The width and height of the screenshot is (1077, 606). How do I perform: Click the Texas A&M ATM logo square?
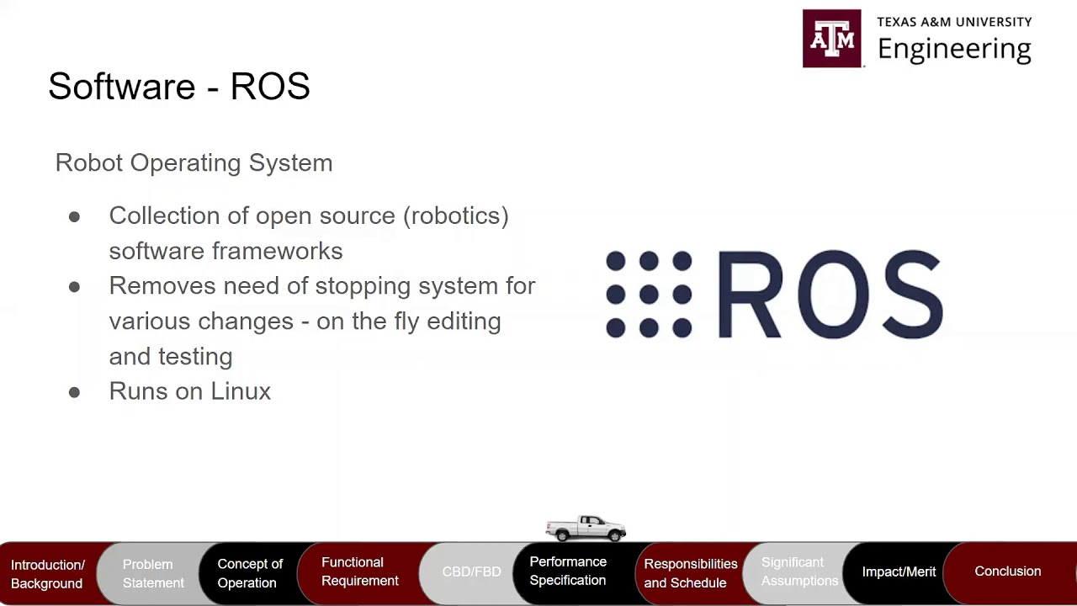click(x=831, y=39)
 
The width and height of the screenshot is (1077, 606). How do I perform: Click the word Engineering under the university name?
click(x=954, y=49)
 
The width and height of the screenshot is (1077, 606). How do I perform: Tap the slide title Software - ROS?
click(x=179, y=87)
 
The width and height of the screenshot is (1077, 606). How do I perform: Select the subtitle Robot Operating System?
click(x=194, y=162)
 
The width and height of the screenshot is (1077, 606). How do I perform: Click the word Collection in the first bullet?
click(x=156, y=215)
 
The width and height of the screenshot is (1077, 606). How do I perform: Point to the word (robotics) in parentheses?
click(x=455, y=215)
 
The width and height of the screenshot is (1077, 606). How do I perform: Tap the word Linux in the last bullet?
click(x=241, y=391)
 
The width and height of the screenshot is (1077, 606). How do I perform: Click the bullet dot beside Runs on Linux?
click(x=74, y=392)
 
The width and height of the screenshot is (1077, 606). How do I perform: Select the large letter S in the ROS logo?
click(x=912, y=295)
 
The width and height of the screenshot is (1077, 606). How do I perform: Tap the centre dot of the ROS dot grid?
click(x=649, y=295)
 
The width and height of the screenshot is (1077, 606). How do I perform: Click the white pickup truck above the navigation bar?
click(x=586, y=528)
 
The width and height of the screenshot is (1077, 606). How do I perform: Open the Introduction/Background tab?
click(x=47, y=573)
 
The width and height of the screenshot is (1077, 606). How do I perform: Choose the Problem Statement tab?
click(x=152, y=573)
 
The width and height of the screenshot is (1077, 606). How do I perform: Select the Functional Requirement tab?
click(x=359, y=571)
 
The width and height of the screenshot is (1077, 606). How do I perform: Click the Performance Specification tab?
click(x=568, y=571)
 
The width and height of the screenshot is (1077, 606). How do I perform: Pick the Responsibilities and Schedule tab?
click(x=690, y=573)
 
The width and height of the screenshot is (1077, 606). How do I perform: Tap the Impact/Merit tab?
click(x=899, y=571)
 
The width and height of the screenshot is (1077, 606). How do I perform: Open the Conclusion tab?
click(x=1007, y=571)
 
